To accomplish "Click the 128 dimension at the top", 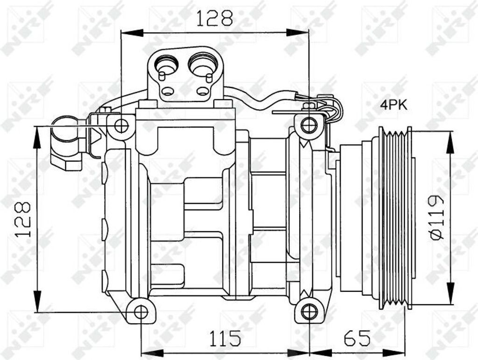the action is [215, 18].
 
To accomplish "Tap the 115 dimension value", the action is [225, 338].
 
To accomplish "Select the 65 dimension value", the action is [357, 338].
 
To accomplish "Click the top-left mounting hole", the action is [122, 126].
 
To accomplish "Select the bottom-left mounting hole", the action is [141, 312].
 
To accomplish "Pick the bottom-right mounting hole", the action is [309, 312].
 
